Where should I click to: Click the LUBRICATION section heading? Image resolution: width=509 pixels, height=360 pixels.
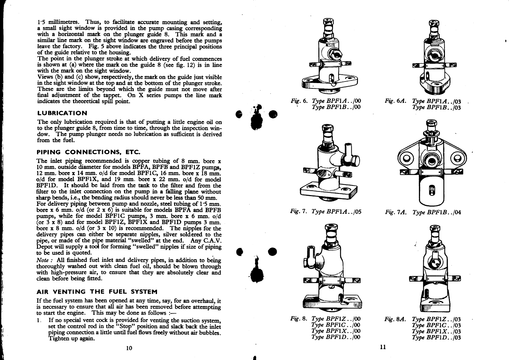click(62, 113)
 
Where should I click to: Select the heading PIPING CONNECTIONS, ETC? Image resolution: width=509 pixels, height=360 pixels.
click(89, 152)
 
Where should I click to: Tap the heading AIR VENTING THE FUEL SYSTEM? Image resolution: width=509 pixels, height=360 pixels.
click(97, 292)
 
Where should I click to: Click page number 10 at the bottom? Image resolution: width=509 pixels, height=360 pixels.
click(129, 348)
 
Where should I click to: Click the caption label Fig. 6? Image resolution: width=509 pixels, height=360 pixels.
click(299, 101)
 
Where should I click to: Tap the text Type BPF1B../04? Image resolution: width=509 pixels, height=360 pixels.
click(437, 212)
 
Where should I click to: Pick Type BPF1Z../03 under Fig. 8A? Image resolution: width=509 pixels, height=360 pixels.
click(437, 319)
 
